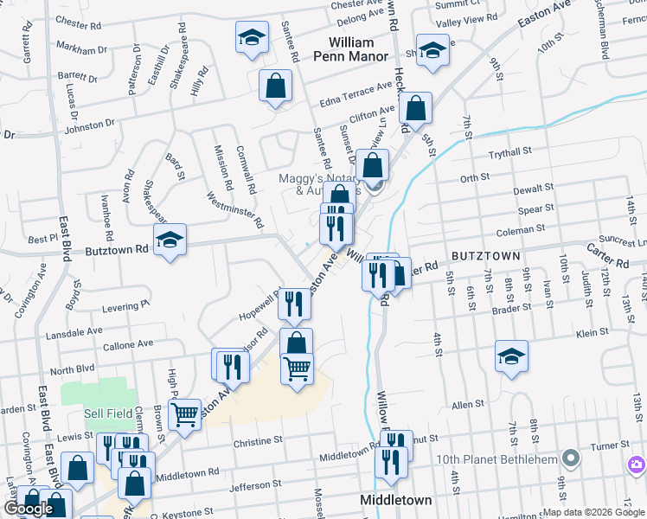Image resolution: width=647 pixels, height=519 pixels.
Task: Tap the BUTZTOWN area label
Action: tap(485, 256)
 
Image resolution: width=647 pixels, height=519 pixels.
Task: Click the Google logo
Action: tap(29, 508)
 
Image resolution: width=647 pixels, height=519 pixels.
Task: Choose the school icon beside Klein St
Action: tap(511, 356)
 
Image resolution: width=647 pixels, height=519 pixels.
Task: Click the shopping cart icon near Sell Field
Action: tap(185, 414)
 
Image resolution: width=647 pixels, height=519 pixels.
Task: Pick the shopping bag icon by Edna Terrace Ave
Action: tap(275, 86)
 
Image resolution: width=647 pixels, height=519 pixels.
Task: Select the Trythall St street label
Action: tap(509, 152)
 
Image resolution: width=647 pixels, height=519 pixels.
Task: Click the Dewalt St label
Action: tap(532, 188)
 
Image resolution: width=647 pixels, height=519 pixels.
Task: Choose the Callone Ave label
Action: tap(125, 343)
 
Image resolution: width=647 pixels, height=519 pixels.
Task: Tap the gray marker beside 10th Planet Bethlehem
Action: tap(569, 458)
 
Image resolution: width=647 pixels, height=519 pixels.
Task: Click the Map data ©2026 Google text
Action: tap(593, 512)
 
